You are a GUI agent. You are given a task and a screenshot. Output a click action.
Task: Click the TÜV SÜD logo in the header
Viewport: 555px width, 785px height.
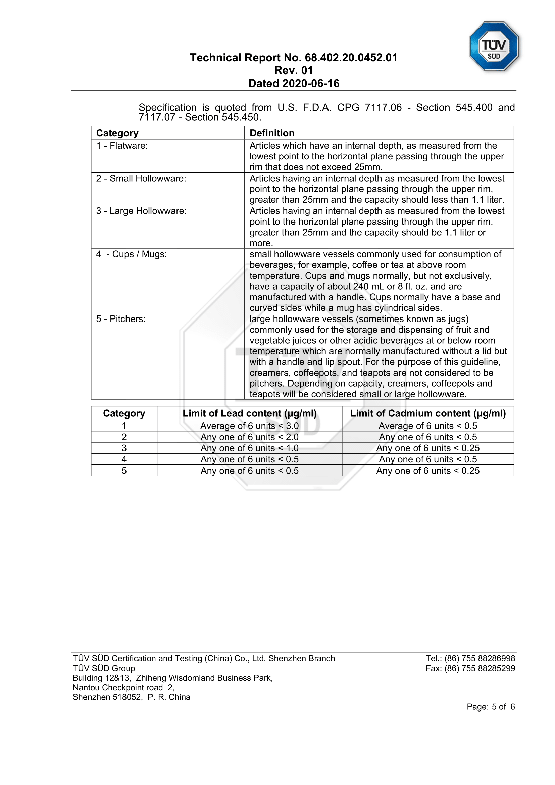point(494,47)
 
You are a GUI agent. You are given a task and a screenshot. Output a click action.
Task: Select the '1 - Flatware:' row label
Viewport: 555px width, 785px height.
point(122,146)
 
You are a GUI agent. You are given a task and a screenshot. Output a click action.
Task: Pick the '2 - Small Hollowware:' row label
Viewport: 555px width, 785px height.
point(141,179)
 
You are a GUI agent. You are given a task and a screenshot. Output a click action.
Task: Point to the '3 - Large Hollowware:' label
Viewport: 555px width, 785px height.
point(142,211)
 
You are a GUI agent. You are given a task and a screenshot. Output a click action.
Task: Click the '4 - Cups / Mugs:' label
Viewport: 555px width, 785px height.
point(132,254)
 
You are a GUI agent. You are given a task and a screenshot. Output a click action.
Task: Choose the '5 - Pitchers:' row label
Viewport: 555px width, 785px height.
point(121,319)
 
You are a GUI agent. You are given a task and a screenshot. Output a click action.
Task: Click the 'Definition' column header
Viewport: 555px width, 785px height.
point(272,133)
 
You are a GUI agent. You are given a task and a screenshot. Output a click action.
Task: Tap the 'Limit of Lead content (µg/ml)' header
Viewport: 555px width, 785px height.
point(249,413)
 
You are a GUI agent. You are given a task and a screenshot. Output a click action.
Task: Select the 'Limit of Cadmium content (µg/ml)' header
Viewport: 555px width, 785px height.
point(428,413)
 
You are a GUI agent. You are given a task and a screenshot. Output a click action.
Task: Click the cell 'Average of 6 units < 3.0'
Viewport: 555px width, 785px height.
point(249,426)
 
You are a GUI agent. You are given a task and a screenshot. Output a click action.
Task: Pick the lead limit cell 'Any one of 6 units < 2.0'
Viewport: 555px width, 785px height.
point(249,437)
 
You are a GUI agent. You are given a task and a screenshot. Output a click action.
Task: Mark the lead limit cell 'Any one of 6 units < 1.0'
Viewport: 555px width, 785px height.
point(249,448)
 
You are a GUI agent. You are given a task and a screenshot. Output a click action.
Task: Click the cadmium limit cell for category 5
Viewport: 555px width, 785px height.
point(428,471)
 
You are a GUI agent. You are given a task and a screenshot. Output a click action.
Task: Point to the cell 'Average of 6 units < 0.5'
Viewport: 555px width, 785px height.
point(428,426)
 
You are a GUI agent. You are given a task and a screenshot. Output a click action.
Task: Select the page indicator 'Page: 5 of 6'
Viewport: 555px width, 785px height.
point(491,707)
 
